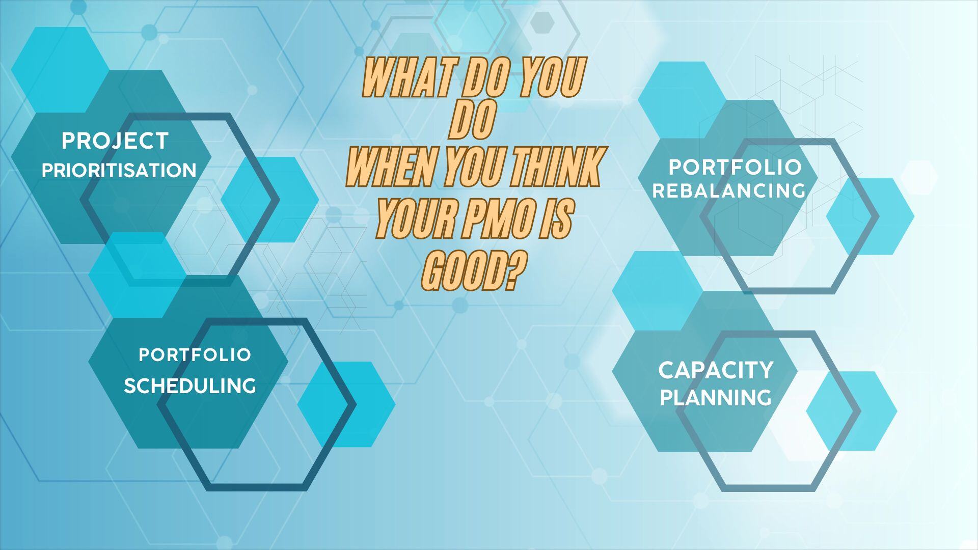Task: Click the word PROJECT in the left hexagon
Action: (115, 141)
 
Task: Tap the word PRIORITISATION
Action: (119, 171)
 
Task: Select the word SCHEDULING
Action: (189, 386)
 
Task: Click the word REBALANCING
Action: (729, 191)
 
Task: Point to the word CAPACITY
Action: (716, 370)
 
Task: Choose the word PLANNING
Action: (716, 398)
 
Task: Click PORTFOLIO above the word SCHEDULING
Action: (195, 355)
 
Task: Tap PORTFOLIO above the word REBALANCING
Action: (735, 167)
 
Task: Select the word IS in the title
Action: (559, 219)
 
